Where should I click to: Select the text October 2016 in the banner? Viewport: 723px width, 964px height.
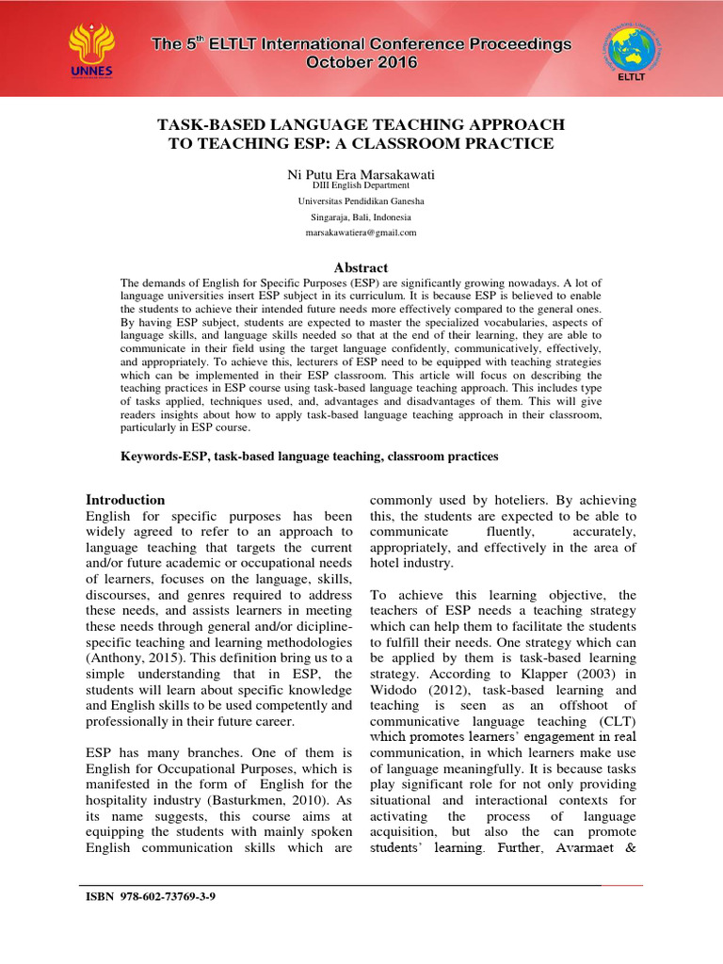(x=361, y=62)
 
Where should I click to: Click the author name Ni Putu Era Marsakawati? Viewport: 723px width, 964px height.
(x=361, y=175)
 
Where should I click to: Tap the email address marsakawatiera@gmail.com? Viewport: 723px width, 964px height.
(x=361, y=232)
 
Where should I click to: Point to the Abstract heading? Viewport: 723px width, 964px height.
(x=361, y=267)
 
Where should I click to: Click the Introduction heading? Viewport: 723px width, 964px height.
(x=125, y=500)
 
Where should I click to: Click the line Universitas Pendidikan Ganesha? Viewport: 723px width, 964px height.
(x=361, y=201)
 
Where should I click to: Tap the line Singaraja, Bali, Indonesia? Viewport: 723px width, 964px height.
(x=361, y=217)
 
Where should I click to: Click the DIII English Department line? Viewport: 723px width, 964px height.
(x=361, y=186)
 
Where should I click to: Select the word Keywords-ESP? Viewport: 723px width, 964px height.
(x=166, y=456)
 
